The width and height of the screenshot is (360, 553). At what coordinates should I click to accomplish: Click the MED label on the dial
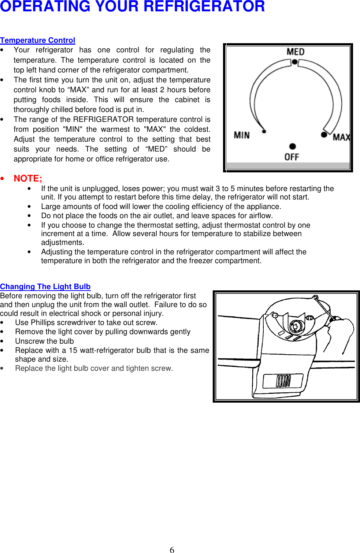coord(295,52)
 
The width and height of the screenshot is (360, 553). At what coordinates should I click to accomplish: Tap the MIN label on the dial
coord(242,135)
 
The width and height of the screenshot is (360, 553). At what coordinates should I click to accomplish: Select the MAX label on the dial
coord(341,137)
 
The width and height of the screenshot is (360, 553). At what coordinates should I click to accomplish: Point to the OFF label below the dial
coord(292,157)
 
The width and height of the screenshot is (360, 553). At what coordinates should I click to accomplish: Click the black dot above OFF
coord(292,146)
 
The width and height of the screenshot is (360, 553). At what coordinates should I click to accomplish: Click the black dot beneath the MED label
coord(294,62)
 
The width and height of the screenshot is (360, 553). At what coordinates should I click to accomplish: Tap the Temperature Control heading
coord(38,40)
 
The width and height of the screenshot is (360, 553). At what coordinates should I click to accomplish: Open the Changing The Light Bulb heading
coord(45,287)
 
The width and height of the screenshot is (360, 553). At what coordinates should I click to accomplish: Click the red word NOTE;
coord(28,179)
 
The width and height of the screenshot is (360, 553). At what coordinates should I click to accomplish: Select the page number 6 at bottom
coord(172,549)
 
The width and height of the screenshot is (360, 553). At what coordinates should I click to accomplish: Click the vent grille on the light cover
coord(283,381)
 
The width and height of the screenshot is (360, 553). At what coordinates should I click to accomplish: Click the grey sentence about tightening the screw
coord(94,368)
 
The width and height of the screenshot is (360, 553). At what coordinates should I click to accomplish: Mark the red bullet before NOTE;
coord(2,179)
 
